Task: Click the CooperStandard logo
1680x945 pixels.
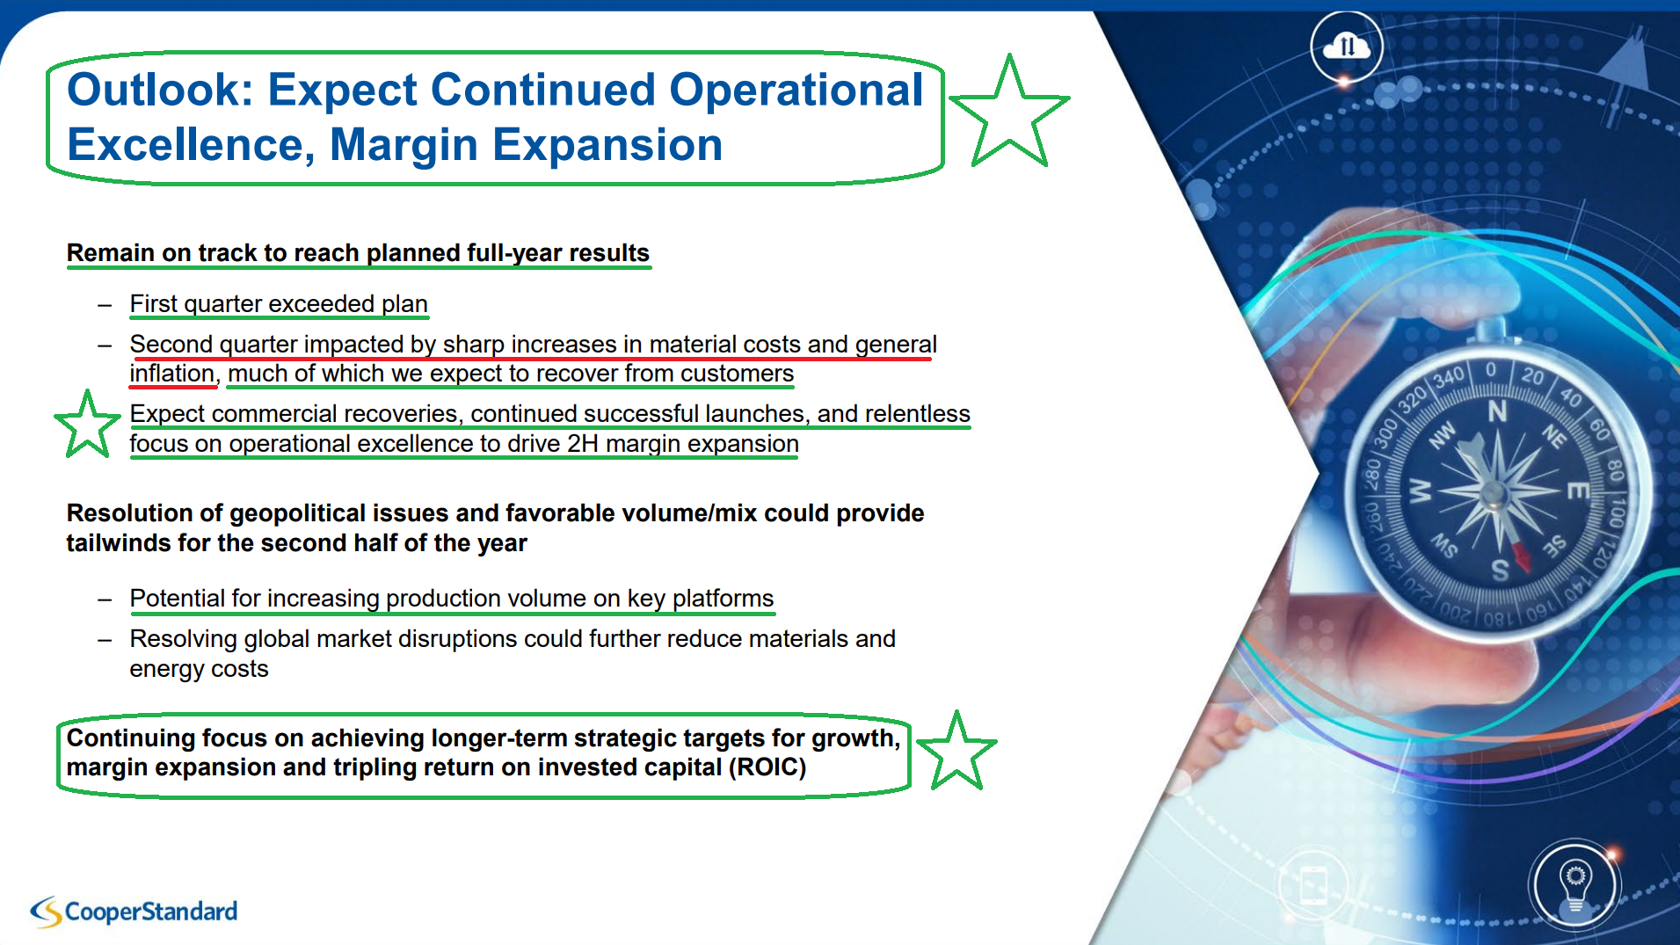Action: (x=134, y=912)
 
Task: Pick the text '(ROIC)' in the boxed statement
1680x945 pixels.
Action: (x=767, y=767)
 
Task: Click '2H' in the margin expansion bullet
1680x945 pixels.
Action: (x=582, y=444)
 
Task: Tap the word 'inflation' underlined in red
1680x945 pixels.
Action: (x=171, y=374)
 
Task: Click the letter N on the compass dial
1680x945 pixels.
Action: (x=1496, y=411)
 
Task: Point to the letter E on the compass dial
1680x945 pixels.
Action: (x=1578, y=490)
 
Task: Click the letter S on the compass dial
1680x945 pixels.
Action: (x=1500, y=570)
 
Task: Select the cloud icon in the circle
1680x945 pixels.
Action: (x=1346, y=45)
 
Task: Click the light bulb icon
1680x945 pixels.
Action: (x=1575, y=886)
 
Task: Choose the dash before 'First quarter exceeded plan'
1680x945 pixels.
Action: (x=105, y=306)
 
